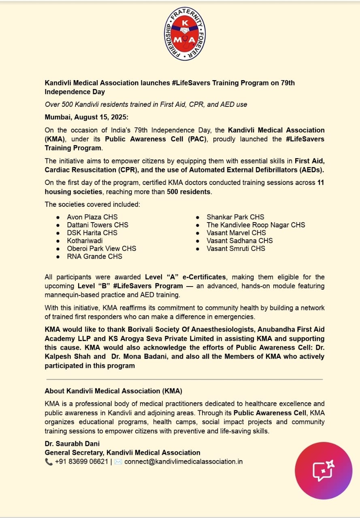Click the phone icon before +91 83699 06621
click(49, 461)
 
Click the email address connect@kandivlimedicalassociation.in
click(183, 461)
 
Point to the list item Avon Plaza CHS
click(92, 217)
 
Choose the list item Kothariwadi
click(85, 241)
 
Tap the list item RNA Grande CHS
click(94, 257)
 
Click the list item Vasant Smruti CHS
click(236, 248)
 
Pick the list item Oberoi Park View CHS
click(101, 248)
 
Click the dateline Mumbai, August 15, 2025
click(86, 117)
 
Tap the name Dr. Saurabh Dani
click(72, 444)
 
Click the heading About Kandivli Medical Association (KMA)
click(113, 391)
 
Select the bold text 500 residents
click(188, 191)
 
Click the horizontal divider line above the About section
click(184, 379)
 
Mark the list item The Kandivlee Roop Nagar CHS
click(256, 225)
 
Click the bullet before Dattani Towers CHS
click(58, 225)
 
